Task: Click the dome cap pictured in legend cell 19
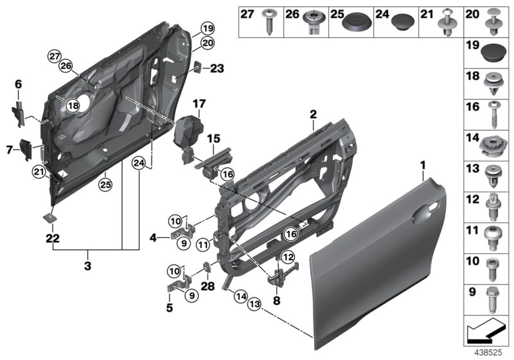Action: click(x=491, y=52)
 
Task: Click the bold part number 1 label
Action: click(x=423, y=164)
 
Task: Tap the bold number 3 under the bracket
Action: click(x=87, y=266)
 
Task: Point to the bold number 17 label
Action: click(x=199, y=104)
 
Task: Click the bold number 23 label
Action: click(x=217, y=68)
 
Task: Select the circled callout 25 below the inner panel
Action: click(x=105, y=185)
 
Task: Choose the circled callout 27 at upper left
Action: click(x=55, y=56)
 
